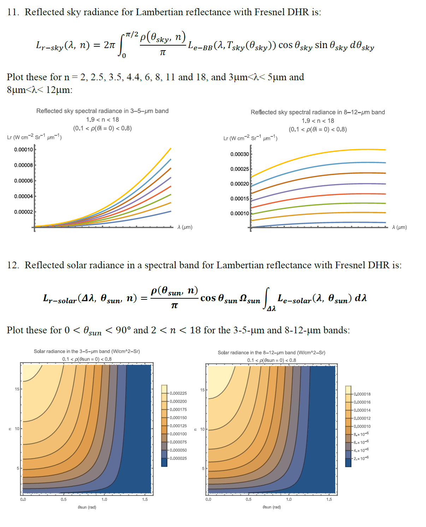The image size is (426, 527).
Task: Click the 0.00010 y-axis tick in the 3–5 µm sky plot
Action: coord(23,150)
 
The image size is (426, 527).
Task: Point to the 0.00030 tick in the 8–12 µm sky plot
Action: coord(239,154)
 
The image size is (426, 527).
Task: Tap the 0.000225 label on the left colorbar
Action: coord(178,393)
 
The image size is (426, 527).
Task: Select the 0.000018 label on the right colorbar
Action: coord(362,394)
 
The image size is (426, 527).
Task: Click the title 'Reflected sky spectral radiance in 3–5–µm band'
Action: coord(102,111)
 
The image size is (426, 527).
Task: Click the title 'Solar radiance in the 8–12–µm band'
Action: coord(271,353)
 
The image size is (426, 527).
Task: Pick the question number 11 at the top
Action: coord(13,12)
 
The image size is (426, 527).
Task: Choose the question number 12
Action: coord(13,265)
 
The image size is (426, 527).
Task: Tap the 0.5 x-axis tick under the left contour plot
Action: coord(64,499)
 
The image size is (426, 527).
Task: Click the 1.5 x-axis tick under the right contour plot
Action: coord(329,499)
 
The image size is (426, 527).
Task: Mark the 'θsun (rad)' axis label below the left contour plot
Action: coord(87,507)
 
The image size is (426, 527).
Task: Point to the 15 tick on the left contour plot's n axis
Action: coord(17,389)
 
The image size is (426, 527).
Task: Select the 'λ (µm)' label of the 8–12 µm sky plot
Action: coord(399,227)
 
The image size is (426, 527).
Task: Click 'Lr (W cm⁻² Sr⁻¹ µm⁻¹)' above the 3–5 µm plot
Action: coord(34,137)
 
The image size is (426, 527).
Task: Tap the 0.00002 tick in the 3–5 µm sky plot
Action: coord(23,212)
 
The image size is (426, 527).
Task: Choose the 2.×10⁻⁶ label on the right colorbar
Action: coord(361,458)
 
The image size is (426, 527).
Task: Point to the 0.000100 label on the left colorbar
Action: coord(178,434)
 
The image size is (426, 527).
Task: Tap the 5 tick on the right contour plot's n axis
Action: coord(203,468)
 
